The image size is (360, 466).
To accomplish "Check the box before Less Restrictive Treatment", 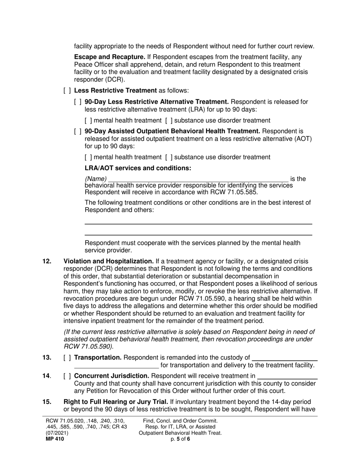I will (67, 91).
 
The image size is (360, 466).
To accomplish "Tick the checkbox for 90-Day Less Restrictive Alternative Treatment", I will (78, 102).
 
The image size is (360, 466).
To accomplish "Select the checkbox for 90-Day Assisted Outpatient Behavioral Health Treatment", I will (78, 131).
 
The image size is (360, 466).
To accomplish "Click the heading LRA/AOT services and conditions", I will (138, 168).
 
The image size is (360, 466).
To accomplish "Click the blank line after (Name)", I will (198, 179).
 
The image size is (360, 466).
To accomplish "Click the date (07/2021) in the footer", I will (57, 433).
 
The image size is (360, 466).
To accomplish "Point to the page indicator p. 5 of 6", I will (180, 439).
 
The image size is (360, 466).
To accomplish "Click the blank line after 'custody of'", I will (284, 358).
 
